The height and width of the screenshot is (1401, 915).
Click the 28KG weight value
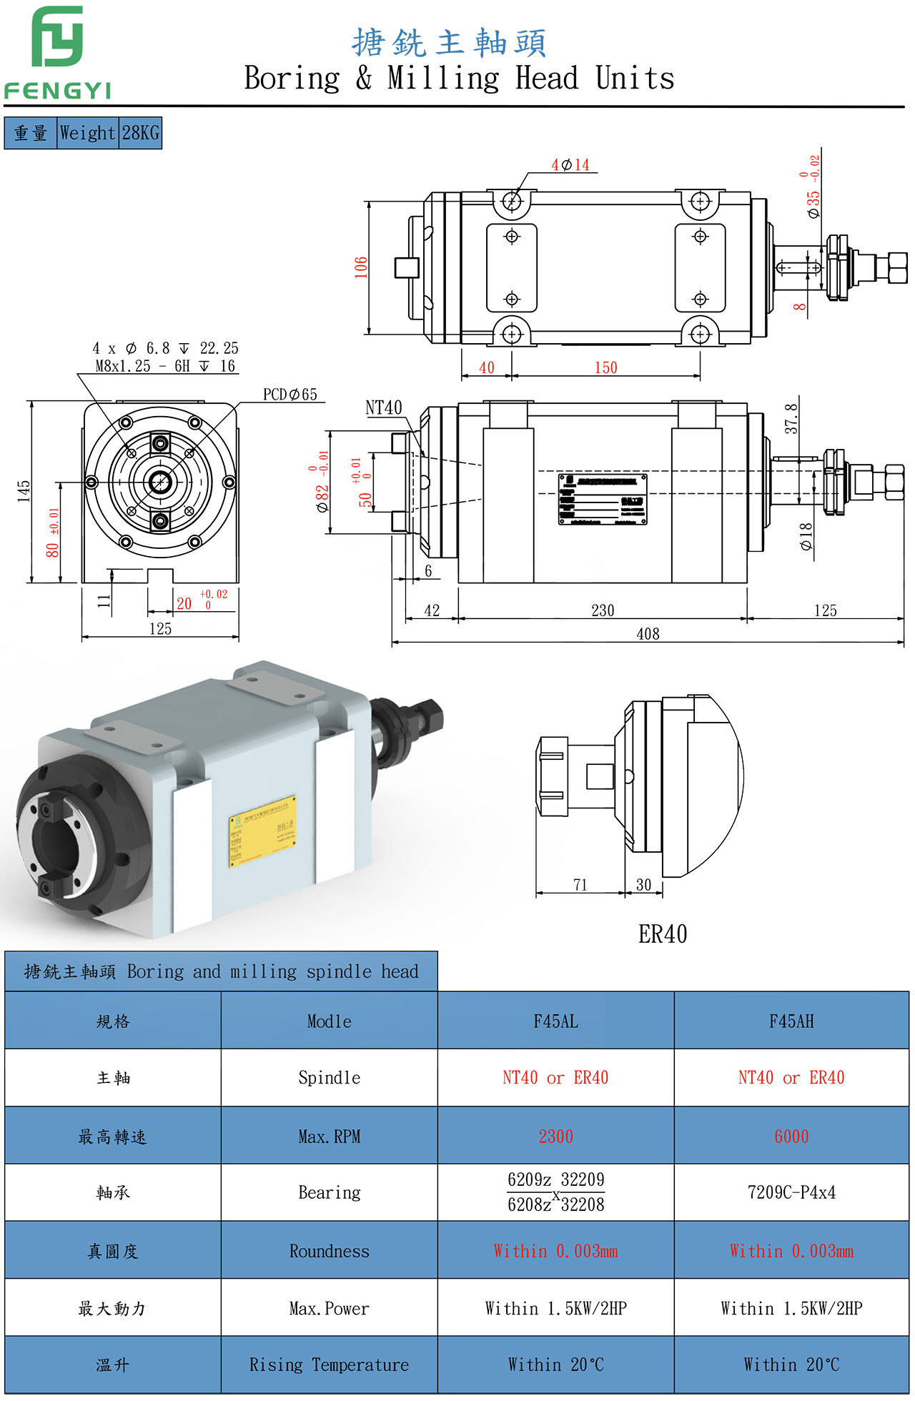(x=140, y=133)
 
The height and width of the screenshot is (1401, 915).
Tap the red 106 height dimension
(x=361, y=267)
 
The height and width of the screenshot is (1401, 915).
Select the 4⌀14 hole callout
(x=570, y=165)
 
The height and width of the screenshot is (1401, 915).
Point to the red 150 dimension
(x=605, y=367)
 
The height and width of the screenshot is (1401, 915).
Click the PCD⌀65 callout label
(x=290, y=395)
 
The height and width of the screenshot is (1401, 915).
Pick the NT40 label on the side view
(x=384, y=408)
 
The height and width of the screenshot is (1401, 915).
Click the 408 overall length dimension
(x=648, y=634)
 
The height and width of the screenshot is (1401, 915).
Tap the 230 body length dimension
(x=603, y=610)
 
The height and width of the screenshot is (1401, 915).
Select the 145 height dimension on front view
(x=24, y=491)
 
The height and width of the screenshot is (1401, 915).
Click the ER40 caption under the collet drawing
(x=663, y=934)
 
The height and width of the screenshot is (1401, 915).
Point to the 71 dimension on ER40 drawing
(x=580, y=885)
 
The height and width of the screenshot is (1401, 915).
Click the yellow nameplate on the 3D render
(x=262, y=831)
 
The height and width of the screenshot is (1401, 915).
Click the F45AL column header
(x=555, y=1021)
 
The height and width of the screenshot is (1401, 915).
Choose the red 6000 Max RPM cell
(x=791, y=1137)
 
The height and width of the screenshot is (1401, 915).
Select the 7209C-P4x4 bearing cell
(x=791, y=1192)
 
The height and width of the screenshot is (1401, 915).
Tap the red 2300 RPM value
(x=555, y=1137)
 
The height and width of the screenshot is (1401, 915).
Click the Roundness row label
(x=329, y=1251)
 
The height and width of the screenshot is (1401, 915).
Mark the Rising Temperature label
(x=329, y=1365)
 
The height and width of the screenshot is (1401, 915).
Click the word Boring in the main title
(x=292, y=78)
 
